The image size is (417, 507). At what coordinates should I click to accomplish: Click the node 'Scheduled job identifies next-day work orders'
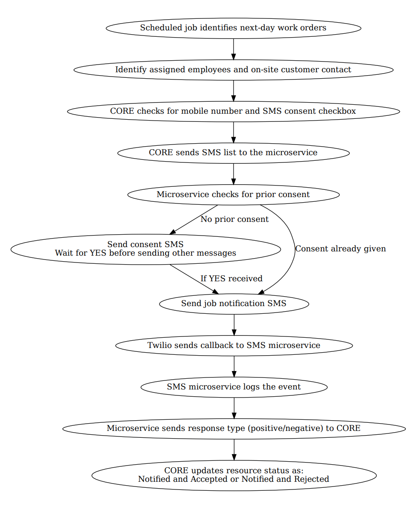pyautogui.click(x=233, y=28)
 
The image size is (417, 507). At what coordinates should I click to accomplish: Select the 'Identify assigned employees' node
pyautogui.click(x=233, y=70)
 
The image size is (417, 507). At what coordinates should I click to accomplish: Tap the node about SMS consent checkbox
pyautogui.click(x=233, y=111)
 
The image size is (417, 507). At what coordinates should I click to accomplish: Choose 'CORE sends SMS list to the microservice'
pyautogui.click(x=233, y=153)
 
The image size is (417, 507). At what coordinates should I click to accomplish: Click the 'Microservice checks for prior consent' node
pyautogui.click(x=233, y=195)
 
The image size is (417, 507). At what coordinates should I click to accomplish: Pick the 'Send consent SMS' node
pyautogui.click(x=145, y=249)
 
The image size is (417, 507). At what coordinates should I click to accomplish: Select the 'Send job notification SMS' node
pyautogui.click(x=234, y=304)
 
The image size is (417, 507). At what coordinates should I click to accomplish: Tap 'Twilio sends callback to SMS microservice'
pyautogui.click(x=234, y=345)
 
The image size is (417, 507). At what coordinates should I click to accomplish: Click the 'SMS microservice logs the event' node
pyautogui.click(x=234, y=387)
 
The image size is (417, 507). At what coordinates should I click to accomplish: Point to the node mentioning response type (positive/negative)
pyautogui.click(x=234, y=428)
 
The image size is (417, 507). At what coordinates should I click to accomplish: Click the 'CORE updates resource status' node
pyautogui.click(x=234, y=475)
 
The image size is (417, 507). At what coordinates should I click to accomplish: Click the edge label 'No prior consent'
pyautogui.click(x=234, y=219)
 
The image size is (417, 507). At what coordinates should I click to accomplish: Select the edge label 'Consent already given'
pyautogui.click(x=340, y=249)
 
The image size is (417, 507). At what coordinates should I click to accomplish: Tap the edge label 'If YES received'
pyautogui.click(x=231, y=279)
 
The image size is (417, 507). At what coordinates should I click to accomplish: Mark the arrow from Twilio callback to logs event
pyautogui.click(x=234, y=366)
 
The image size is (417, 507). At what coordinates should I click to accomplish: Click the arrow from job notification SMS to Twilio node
pyautogui.click(x=234, y=324)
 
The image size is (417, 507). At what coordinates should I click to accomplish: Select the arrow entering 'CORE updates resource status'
pyautogui.click(x=234, y=449)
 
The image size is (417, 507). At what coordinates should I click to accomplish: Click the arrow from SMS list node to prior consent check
pyautogui.click(x=233, y=174)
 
